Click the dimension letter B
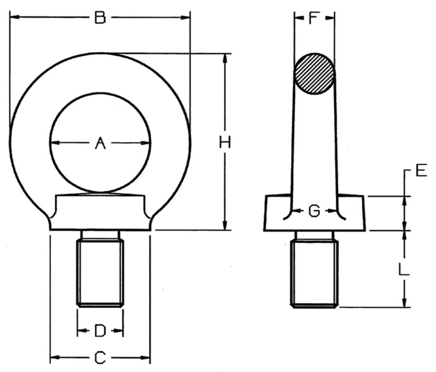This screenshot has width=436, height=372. coord(100,17)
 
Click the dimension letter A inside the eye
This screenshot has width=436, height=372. coord(100,143)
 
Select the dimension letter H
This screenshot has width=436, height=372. coord(225,142)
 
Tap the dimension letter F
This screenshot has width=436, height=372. coord(314,18)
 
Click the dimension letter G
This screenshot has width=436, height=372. coord(314,211)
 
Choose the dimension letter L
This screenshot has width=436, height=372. coord(404,269)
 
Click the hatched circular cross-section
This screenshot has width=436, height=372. coord(314,74)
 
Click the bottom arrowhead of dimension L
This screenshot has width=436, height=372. coord(404,302)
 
